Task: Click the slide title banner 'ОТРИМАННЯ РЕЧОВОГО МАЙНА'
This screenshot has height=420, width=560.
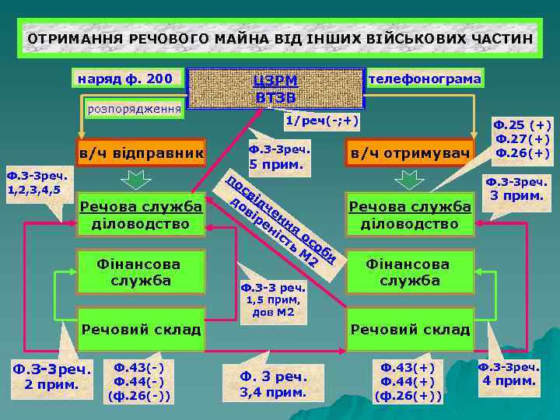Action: coord(280,38)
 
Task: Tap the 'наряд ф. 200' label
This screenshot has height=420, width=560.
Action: coord(126,79)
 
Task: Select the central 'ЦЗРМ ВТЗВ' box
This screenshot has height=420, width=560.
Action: coord(277,89)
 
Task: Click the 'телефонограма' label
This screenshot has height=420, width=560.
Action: coord(425,79)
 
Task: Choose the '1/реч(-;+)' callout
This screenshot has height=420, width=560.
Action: coord(322,121)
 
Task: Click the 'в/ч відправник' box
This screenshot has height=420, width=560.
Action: coord(141,153)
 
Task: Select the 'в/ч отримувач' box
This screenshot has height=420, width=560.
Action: coord(411,154)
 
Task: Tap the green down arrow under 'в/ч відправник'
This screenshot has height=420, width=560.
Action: coord(135,180)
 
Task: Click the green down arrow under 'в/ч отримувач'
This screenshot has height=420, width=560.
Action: coord(408,180)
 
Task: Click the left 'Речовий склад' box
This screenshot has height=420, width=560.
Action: coord(141,329)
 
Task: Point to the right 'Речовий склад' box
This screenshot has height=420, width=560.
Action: coord(410,329)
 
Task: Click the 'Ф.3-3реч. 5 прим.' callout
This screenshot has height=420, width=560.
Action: coord(279,157)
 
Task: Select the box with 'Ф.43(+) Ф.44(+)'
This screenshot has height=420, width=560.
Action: coord(408,381)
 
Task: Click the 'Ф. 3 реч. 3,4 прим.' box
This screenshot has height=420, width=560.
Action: coord(273,383)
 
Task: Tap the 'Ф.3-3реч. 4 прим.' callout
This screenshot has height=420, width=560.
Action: coord(509,374)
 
